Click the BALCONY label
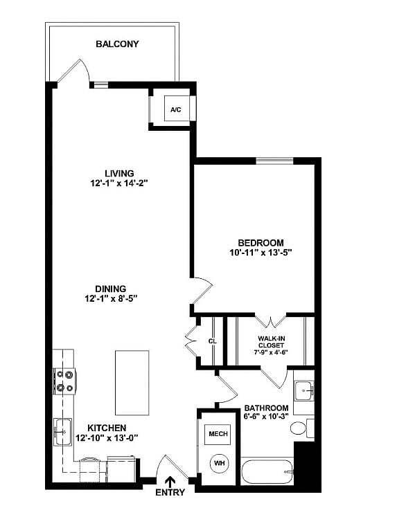point(117,44)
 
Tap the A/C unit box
point(173,109)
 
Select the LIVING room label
point(118,173)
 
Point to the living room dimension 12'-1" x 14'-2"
point(118,183)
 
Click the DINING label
point(111,289)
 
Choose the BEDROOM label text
point(261,242)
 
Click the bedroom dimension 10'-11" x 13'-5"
point(261,253)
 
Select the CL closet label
point(213,341)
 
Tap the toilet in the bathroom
point(300,428)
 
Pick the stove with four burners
point(64,381)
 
